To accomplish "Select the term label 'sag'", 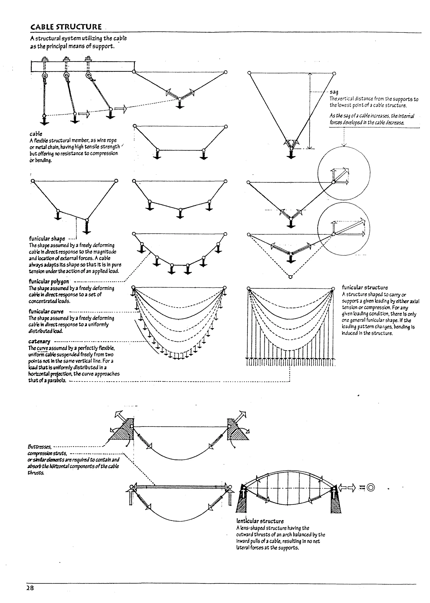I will point(334,92).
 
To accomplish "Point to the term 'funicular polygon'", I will point(49,281).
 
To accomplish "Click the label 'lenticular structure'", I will point(260,521).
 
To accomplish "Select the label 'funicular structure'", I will point(365,287).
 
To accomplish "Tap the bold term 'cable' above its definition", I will point(36,134).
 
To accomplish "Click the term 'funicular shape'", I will point(47,238).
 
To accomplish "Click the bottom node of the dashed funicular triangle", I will point(290,277).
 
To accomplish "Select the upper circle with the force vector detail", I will point(344,173).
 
